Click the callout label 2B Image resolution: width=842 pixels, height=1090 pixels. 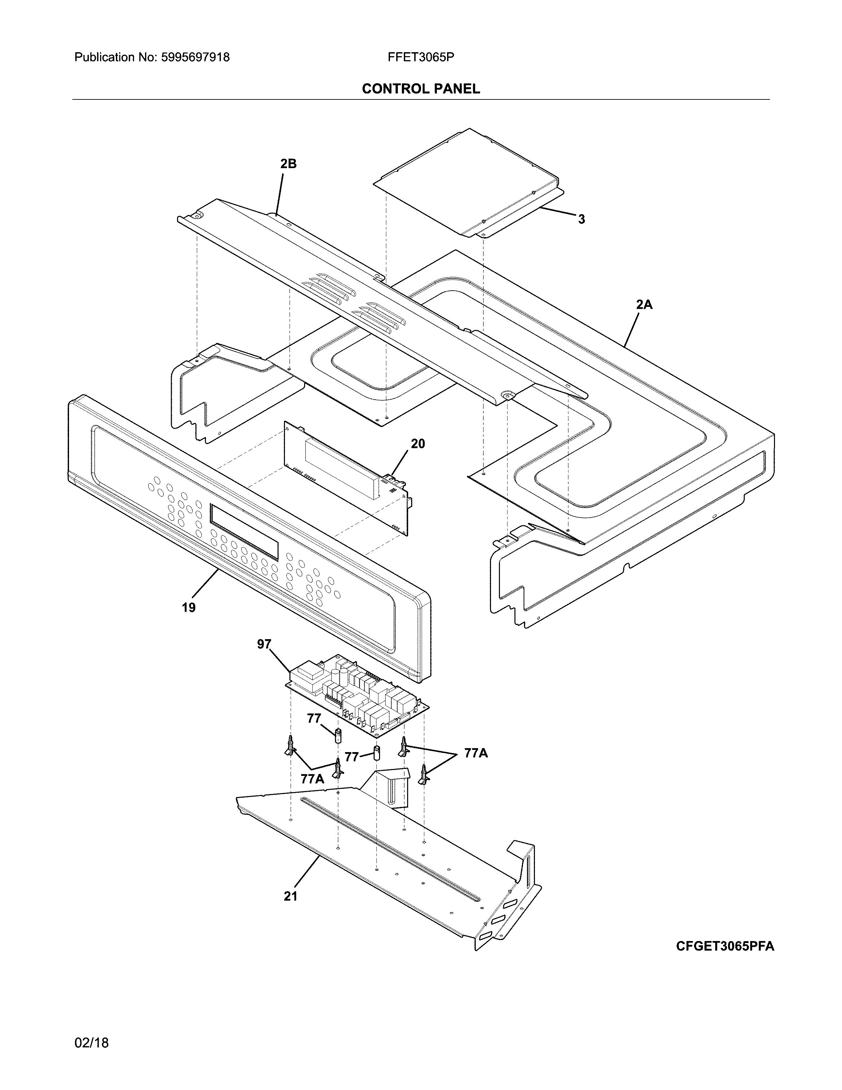[x=288, y=164]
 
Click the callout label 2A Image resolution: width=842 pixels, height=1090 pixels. [x=644, y=305]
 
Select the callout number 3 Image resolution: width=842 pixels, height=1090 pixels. [x=581, y=219]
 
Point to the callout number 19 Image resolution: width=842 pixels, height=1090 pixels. [x=189, y=608]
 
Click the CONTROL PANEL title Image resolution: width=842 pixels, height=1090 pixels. [x=420, y=89]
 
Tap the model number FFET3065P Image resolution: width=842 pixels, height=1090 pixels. [x=420, y=57]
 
